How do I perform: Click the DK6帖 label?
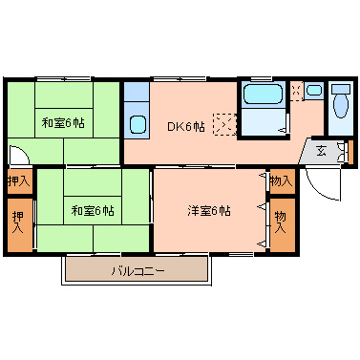click(186, 125)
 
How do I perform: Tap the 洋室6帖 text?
click(207, 210)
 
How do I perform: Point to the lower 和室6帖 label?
click(92, 210)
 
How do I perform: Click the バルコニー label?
click(137, 271)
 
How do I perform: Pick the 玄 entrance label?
click(322, 150)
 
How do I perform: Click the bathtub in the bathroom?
click(262, 95)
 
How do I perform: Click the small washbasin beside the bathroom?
click(313, 91)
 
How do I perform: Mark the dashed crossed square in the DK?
click(223, 124)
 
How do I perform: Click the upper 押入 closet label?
click(17, 180)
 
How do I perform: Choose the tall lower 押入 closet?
click(18, 223)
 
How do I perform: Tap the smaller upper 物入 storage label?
click(281, 180)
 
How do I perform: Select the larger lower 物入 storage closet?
click(282, 223)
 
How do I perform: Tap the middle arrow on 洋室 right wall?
click(262, 206)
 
